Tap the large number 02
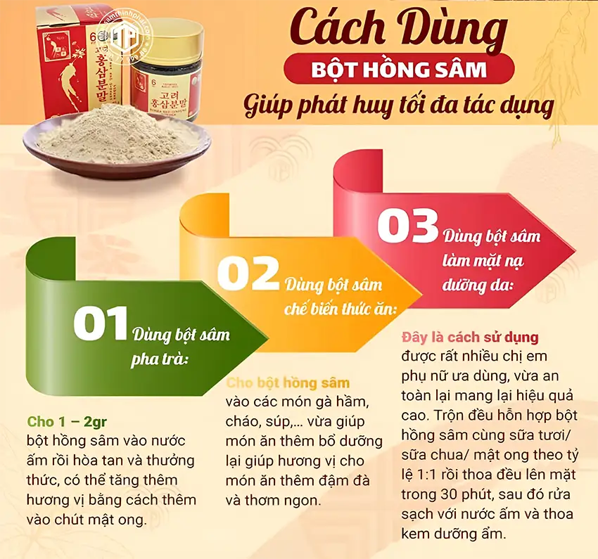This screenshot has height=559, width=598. coord(248,274)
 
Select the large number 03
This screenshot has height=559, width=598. coord(407,227)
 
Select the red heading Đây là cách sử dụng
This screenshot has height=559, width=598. coord(470,338)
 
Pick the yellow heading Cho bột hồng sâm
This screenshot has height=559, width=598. coord(288,383)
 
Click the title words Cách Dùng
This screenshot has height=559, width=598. coord(398,29)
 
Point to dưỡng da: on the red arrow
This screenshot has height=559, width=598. coord(478,286)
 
